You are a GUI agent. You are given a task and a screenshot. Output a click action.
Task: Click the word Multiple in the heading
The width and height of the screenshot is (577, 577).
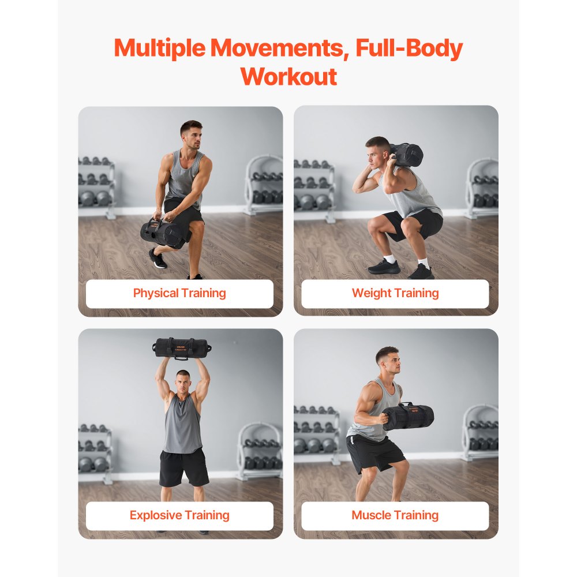point(159,49)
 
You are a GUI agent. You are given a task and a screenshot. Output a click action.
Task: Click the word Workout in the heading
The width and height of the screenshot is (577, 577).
point(288,76)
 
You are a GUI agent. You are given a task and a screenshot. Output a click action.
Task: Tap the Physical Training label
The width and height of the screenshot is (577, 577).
point(179,293)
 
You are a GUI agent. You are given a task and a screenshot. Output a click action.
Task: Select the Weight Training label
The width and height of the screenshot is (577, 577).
point(395,293)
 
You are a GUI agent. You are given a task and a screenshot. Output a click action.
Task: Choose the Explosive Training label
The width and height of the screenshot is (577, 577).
point(179,515)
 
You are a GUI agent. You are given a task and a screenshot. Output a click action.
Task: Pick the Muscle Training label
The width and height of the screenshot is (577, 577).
point(395,515)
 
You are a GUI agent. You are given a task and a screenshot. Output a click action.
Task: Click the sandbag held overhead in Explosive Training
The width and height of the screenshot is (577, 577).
point(182,348)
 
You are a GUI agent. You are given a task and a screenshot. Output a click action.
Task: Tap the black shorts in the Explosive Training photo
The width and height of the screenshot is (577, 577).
point(183,466)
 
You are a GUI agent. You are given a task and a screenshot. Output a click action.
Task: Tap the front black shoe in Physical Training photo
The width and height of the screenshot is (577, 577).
point(157,258)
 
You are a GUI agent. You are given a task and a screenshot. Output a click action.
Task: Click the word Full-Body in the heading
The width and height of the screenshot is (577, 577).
point(409,49)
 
